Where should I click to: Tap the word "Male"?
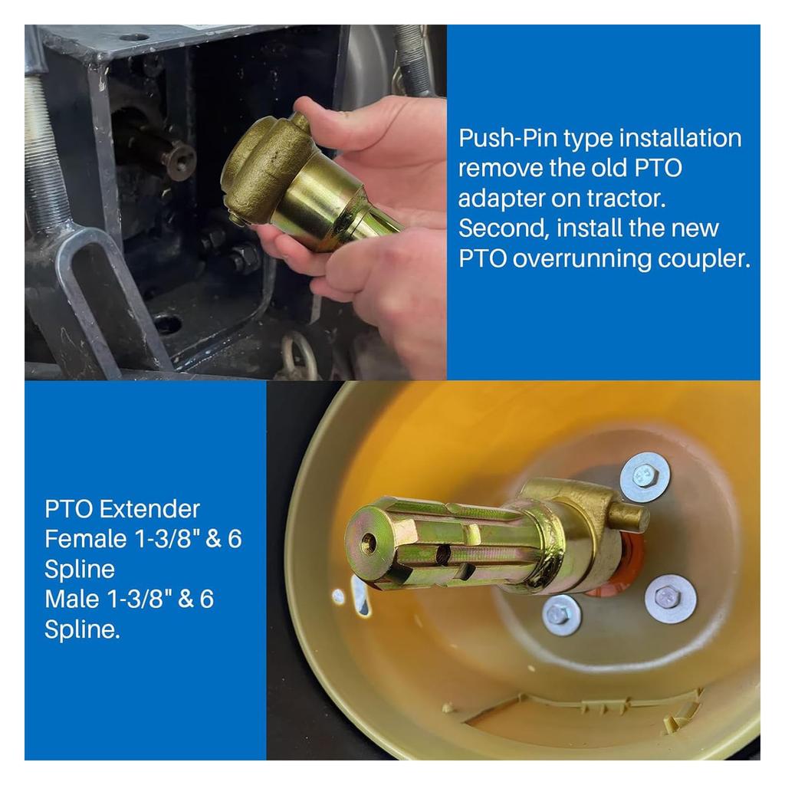73,598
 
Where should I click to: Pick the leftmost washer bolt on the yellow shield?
560,615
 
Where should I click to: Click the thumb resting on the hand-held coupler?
345,122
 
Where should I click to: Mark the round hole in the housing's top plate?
133,36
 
